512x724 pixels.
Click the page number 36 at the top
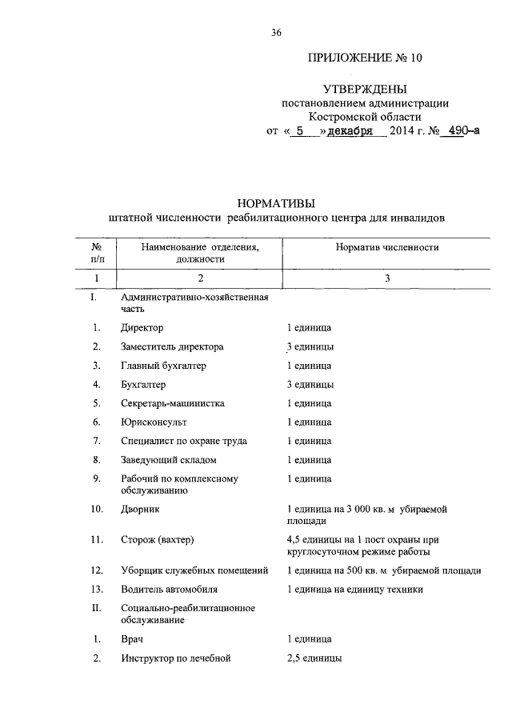pyautogui.click(x=277, y=32)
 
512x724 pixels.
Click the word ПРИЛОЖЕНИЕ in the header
pyautogui.click(x=345, y=59)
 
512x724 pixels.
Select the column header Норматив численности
pyautogui.click(x=386, y=248)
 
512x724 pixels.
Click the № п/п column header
pyautogui.click(x=96, y=253)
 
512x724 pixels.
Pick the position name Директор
pyautogui.click(x=142, y=328)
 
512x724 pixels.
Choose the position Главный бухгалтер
pyautogui.click(x=164, y=366)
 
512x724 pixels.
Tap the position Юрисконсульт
pyautogui.click(x=154, y=422)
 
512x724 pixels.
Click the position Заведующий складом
pyautogui.click(x=169, y=460)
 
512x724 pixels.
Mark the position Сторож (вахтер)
pyautogui.click(x=158, y=540)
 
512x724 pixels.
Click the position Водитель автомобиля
pyautogui.click(x=170, y=590)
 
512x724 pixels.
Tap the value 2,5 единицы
pyautogui.click(x=314, y=658)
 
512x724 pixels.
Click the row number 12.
pyautogui.click(x=96, y=570)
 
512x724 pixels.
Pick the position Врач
pyautogui.click(x=133, y=640)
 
